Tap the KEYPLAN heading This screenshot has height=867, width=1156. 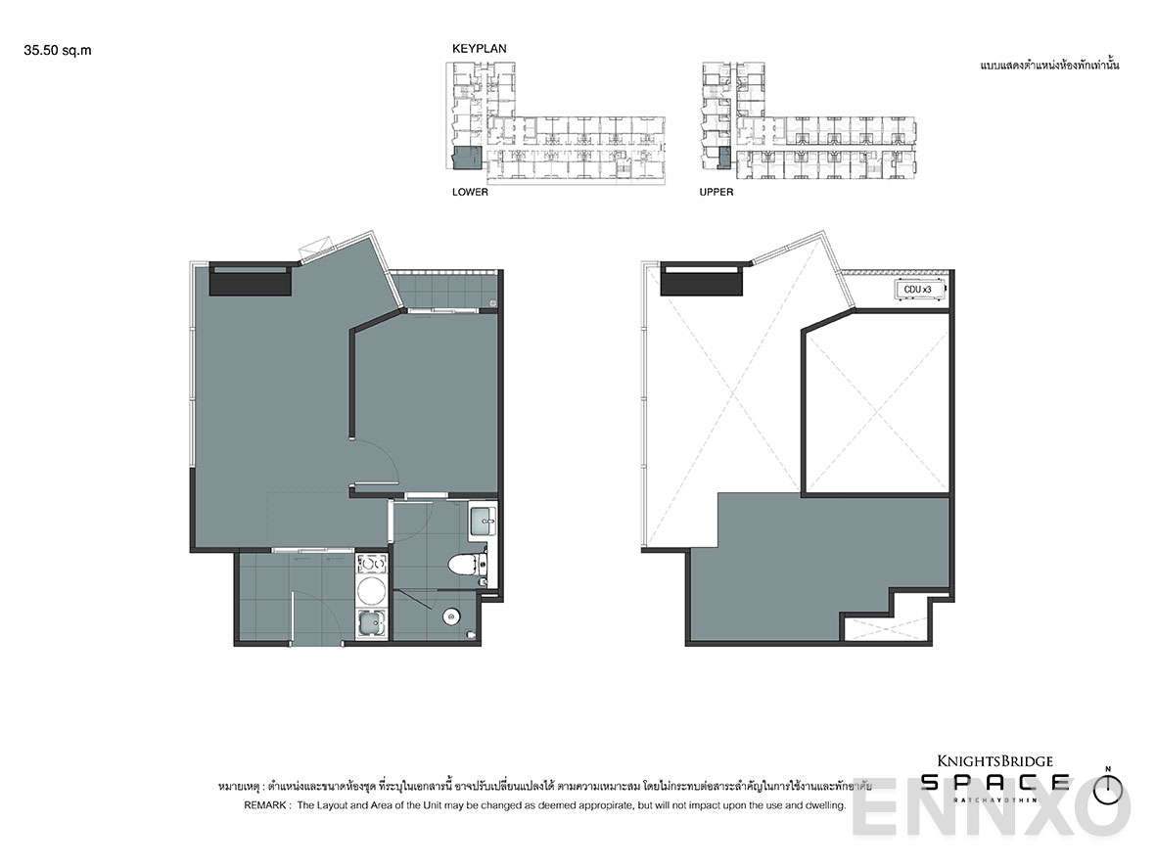pos(479,48)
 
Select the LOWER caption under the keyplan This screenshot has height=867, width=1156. pos(470,193)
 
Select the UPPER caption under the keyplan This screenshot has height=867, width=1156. pos(716,193)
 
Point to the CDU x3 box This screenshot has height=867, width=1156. pos(917,290)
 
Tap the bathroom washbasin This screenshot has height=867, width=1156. pos(483,521)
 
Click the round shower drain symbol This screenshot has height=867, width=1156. pos(450,616)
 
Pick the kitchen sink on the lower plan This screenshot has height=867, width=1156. pos(372,623)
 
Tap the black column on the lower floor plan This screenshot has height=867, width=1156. pos(252,282)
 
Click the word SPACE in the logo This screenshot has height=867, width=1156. pos(994,781)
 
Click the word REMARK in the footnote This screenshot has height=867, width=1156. pos(264,805)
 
